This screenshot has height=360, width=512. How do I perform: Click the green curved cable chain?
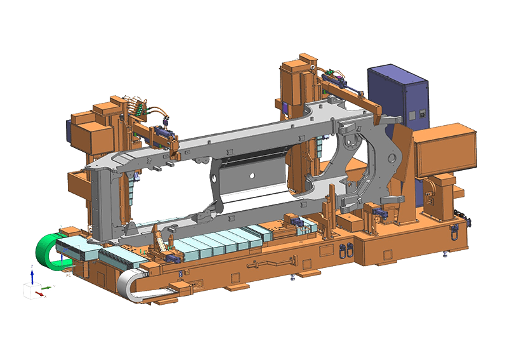(46, 251)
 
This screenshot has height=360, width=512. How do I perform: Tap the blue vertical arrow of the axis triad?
(32, 274)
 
